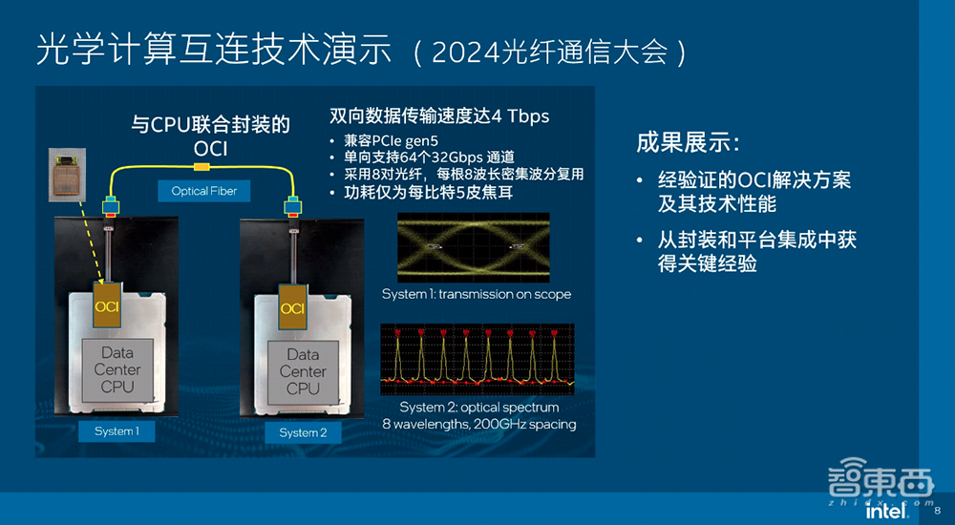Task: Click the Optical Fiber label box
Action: point(203,191)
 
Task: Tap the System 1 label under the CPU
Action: point(117,431)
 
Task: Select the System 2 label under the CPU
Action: point(303,432)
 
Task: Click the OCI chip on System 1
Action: point(106,304)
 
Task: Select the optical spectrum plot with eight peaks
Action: point(477,358)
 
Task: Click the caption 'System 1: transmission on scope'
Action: point(477,294)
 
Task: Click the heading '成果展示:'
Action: point(688,144)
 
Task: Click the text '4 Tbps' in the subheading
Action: point(520,116)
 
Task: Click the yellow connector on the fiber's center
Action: point(202,168)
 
